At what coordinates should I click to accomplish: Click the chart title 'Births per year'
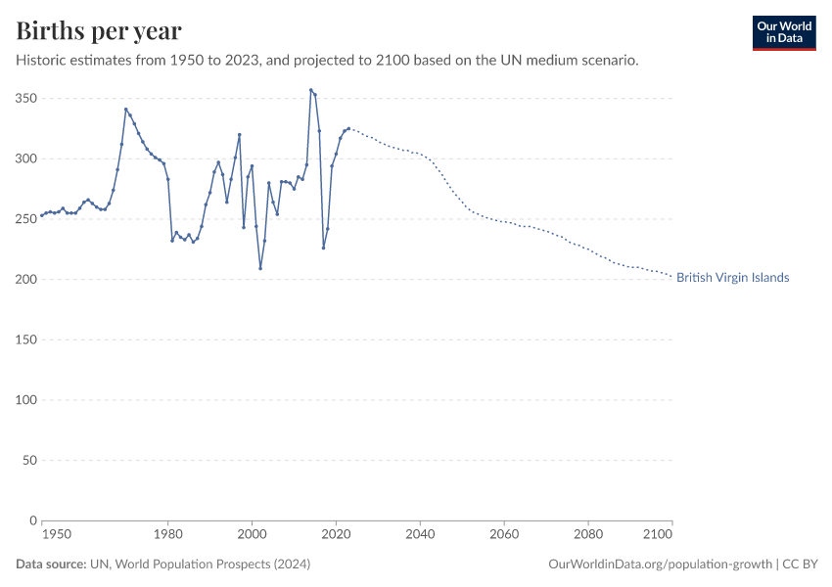tap(99, 31)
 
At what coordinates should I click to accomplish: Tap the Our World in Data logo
tap(783, 32)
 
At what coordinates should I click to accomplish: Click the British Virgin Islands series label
tap(732, 278)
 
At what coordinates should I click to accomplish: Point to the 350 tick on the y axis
tap(25, 99)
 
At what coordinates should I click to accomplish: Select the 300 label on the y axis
tap(25, 158)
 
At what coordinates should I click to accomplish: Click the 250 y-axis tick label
tap(25, 219)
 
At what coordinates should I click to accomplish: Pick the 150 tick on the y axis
tap(25, 339)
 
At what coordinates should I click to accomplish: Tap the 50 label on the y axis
tap(28, 460)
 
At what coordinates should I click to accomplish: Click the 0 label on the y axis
tap(32, 520)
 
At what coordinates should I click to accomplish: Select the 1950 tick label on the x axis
tap(57, 535)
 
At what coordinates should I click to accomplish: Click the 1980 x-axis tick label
tap(167, 535)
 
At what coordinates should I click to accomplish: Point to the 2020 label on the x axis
tap(336, 535)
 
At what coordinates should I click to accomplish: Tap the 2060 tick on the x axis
tap(504, 535)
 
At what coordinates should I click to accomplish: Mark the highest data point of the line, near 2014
tap(311, 90)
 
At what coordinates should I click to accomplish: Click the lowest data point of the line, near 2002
tap(260, 268)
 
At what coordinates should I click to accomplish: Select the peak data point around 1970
tap(125, 109)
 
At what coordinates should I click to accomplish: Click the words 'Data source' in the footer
tap(50, 564)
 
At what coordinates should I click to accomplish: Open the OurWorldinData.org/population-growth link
tap(661, 564)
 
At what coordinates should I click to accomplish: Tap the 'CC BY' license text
tap(801, 564)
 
